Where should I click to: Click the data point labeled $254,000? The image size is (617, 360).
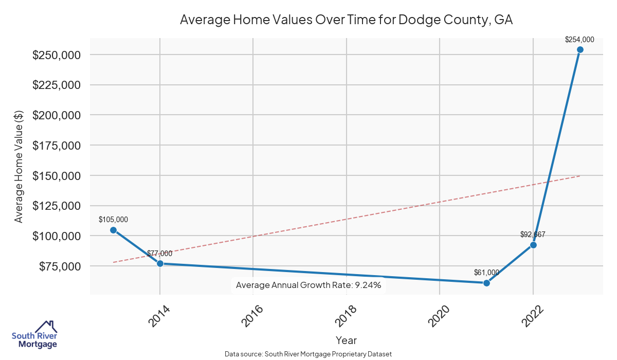[x=580, y=50]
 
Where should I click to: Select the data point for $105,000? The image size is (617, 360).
[x=113, y=230]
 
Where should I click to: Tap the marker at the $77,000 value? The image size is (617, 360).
[x=160, y=263]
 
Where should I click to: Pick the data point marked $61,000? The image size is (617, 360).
[x=486, y=283]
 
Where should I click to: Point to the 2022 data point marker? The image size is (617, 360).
[x=533, y=245]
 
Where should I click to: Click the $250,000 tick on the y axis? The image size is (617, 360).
[x=56, y=55]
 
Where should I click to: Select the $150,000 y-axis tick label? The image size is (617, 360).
[x=56, y=175]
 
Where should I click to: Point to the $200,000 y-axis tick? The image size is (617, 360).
[x=56, y=115]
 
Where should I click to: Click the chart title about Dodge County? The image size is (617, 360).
[x=346, y=21]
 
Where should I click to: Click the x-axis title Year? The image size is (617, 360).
[x=346, y=340]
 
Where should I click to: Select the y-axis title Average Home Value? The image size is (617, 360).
[x=19, y=166]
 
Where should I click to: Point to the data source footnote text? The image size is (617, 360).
[x=308, y=354]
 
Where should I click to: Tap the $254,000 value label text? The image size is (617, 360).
[x=579, y=39]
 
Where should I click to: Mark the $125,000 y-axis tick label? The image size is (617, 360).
[x=56, y=206]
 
